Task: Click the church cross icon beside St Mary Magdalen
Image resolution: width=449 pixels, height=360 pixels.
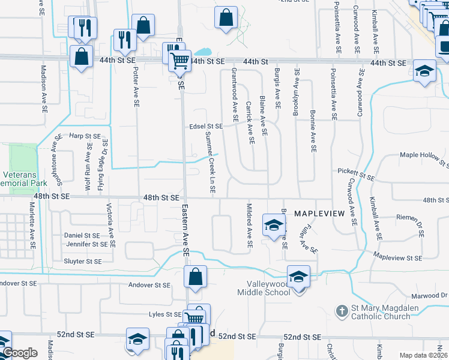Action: coord(341,311)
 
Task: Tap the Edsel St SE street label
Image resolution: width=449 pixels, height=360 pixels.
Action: coord(205,127)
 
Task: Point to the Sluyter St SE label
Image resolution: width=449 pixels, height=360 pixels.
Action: coord(83,261)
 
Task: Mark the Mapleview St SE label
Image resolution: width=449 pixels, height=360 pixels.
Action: coord(397,257)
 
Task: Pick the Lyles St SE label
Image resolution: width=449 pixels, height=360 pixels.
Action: coord(165,314)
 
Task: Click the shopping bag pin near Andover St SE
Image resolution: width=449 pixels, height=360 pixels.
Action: coord(195,278)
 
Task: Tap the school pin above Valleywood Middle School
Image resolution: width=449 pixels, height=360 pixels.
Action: coord(298,276)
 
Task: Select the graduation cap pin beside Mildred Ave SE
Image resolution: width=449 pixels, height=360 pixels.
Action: coord(273,226)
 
